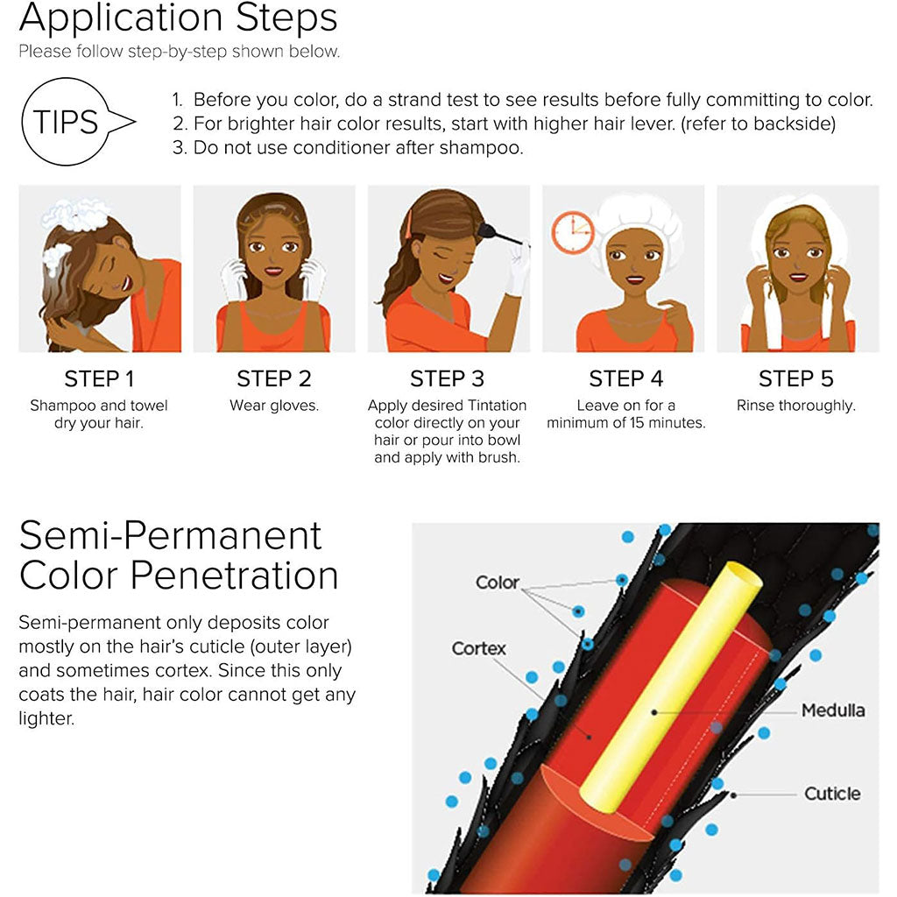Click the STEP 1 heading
coord(99,379)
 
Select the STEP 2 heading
coord(273,379)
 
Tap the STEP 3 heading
coord(447,379)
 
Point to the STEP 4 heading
coord(625,379)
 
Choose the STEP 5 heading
coord(795,379)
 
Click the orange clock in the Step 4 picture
coord(570,231)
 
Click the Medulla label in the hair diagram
coord(832,710)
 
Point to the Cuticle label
coord(832,794)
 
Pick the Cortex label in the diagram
coord(480,649)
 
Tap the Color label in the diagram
coord(497,583)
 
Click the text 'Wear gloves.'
coord(274,406)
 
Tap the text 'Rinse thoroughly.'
coord(795,406)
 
